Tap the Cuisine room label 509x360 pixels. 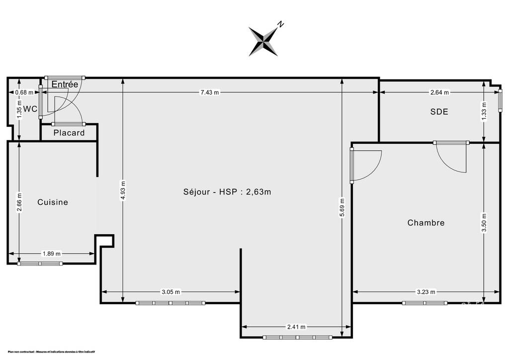click(x=53, y=202)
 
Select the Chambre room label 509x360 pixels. click(x=426, y=223)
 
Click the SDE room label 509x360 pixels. click(x=439, y=112)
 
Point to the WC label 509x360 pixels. click(x=30, y=109)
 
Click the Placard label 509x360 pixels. click(x=69, y=133)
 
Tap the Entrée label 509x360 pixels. click(x=65, y=85)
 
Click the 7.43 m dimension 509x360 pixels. click(x=209, y=92)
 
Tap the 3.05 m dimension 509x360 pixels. click(x=171, y=292)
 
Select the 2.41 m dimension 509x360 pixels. click(x=296, y=327)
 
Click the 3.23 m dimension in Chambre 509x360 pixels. click(x=426, y=292)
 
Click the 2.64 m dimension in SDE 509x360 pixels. click(x=439, y=92)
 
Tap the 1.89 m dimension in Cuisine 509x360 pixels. click(x=51, y=254)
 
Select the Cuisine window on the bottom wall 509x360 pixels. click(x=40, y=264)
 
